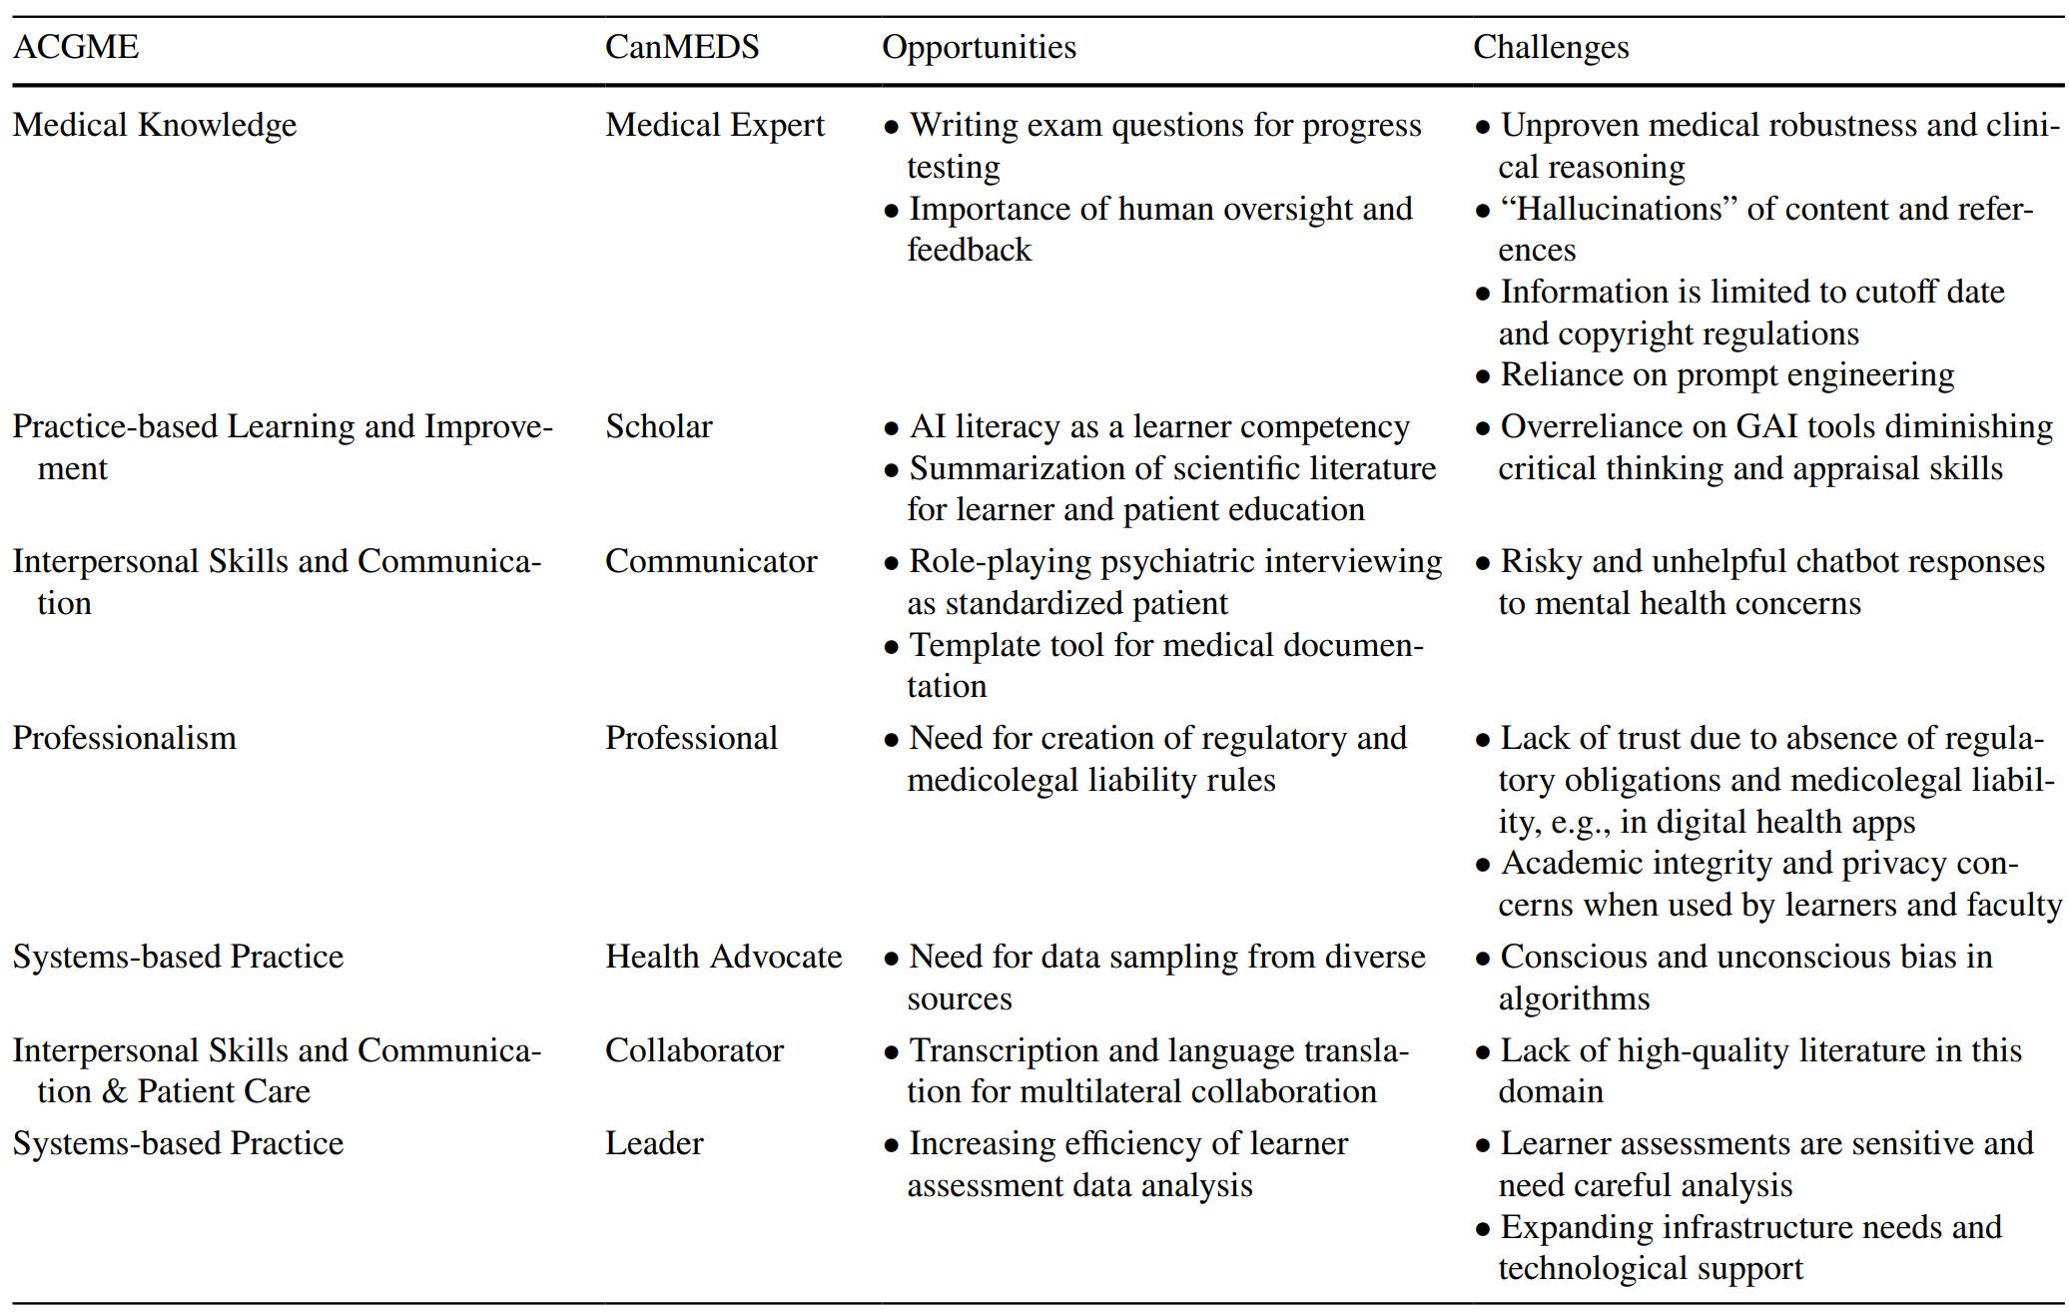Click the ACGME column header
pos(76,47)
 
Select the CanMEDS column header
pos(682,47)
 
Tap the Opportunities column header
pos(979,47)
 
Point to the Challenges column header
pos(1551,47)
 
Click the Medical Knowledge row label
pos(155,125)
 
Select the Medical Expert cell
pos(715,125)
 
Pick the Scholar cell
pos(659,426)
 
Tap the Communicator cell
pos(711,561)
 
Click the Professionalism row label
pos(125,738)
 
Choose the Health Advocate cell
pos(724,957)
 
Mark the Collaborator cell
pos(695,1050)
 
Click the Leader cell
pos(654,1143)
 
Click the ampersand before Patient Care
pos(115,1092)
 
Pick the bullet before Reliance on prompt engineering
pos(1483,376)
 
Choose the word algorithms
pos(1574,998)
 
